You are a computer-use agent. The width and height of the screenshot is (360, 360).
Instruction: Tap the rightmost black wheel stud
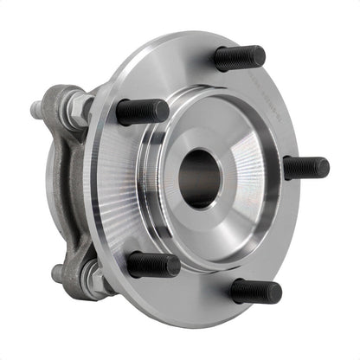click(x=305, y=167)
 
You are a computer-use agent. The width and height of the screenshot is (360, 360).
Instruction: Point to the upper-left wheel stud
click(x=142, y=111)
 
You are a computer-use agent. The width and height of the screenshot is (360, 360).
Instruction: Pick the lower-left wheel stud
click(x=153, y=263)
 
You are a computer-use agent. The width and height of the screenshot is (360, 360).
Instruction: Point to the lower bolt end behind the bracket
click(x=58, y=273)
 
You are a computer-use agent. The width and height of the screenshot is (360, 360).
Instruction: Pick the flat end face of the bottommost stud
click(x=277, y=292)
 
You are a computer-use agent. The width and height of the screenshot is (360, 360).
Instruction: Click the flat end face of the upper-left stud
click(x=164, y=110)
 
